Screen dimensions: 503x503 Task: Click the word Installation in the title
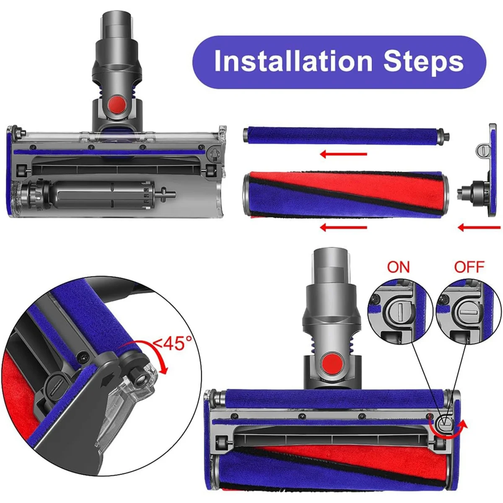coord(293,62)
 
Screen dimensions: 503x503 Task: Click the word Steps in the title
coord(423,62)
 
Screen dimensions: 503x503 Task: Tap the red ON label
coord(398,267)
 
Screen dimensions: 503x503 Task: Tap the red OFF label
coord(469,267)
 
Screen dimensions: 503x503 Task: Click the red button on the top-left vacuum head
coord(117,103)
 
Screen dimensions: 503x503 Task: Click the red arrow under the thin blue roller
coord(343,154)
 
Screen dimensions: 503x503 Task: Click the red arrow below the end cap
coord(479,228)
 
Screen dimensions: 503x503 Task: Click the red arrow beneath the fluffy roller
coord(343,228)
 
